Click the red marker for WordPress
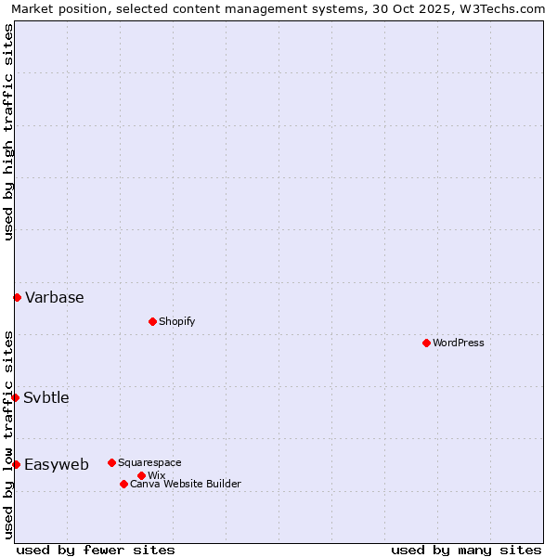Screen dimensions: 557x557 426,343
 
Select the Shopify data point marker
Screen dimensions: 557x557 152,321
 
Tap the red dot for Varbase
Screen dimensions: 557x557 17,297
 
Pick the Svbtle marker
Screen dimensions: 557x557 15,397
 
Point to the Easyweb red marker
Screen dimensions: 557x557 16,464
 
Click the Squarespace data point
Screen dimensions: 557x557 111,462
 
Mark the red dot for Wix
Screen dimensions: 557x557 141,475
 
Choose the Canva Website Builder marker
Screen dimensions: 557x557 123,484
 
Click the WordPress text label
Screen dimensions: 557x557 459,343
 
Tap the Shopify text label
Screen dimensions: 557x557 176,321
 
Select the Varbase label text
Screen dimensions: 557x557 55,297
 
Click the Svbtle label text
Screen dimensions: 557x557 46,397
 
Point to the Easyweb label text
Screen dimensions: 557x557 57,464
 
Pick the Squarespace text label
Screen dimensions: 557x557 149,462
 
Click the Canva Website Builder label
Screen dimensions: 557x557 185,484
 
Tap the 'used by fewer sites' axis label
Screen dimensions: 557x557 96,550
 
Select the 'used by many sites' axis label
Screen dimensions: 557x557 466,550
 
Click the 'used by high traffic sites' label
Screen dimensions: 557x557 8,132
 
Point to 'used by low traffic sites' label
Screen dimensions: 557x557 8,434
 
